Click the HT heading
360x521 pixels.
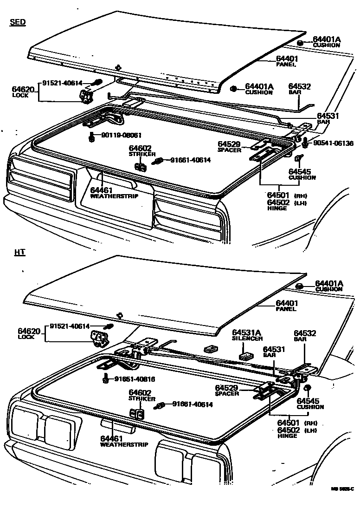19,253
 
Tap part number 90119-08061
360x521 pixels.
116,135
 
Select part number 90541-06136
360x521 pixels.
333,143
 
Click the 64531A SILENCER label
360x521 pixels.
247,335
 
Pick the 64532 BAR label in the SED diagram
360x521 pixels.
299,89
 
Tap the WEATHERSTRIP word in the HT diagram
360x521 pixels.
124,444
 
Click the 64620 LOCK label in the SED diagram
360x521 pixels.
23,91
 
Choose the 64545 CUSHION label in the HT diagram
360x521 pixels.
310,404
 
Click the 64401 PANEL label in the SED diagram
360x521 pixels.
287,61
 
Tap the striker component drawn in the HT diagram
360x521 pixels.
136,414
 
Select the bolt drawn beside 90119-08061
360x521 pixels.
91,137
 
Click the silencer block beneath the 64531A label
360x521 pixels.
245,356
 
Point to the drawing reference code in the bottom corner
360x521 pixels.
342,488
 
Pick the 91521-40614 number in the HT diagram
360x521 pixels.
70,326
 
